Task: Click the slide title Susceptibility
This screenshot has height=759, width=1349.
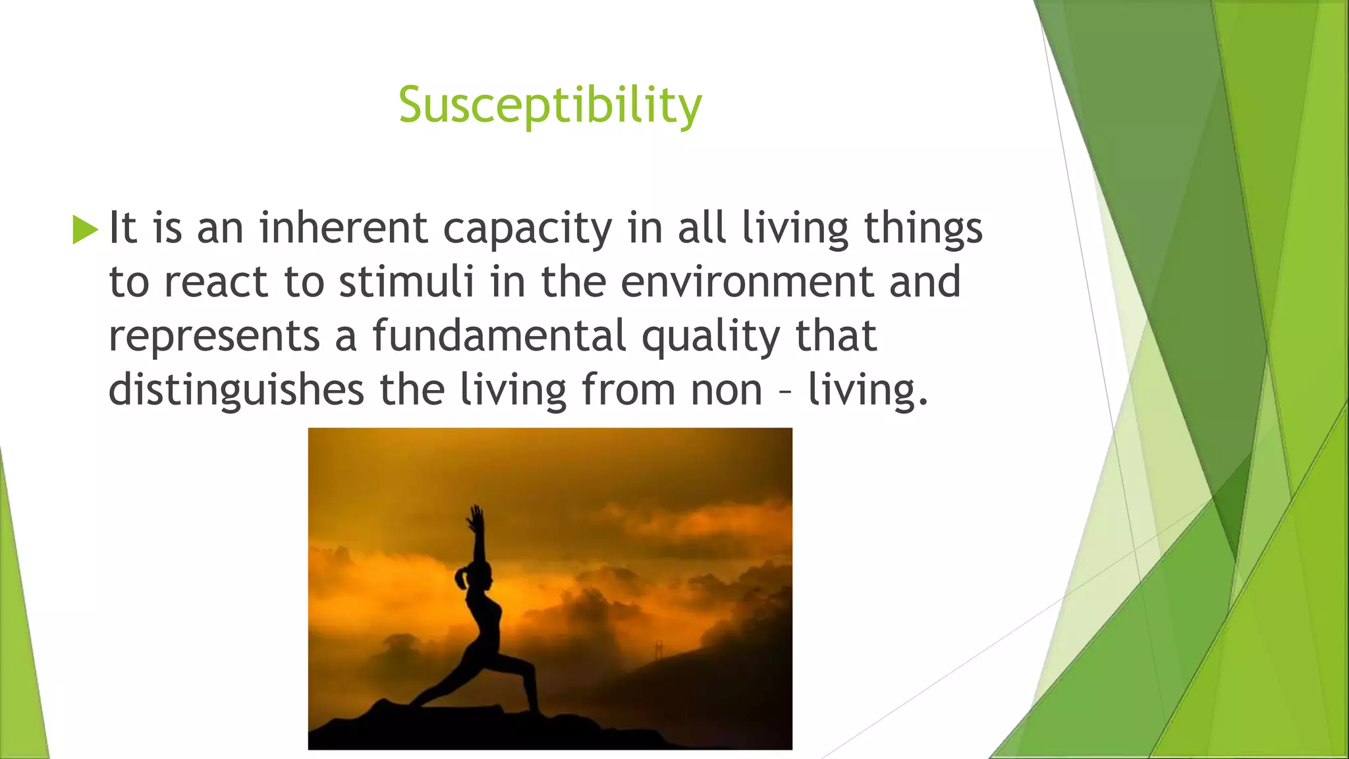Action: [x=550, y=105]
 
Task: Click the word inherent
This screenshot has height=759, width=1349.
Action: [x=343, y=228]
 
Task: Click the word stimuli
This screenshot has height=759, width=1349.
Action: [x=406, y=282]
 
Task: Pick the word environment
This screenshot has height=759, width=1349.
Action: [x=746, y=282]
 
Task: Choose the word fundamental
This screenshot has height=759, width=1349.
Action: [x=499, y=336]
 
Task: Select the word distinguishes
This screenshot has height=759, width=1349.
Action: [x=236, y=390]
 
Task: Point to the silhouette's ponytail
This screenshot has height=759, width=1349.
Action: [x=461, y=580]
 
